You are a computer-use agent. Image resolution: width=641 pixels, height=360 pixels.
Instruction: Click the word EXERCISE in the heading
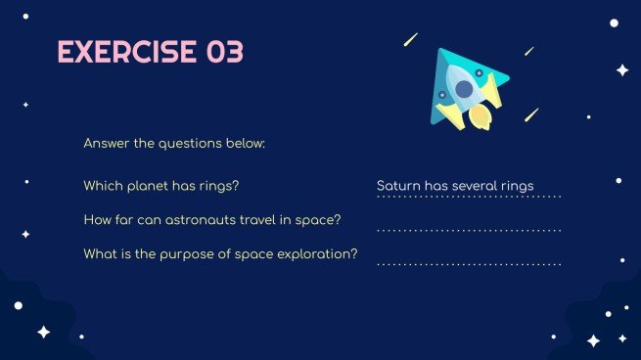point(126,52)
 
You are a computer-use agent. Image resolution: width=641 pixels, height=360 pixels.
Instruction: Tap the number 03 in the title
point(225,52)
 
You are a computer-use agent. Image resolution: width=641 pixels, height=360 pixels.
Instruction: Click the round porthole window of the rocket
point(464,89)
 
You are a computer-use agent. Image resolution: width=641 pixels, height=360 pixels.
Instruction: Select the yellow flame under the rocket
point(480,116)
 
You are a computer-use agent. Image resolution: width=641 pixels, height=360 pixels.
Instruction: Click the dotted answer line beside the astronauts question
point(469,231)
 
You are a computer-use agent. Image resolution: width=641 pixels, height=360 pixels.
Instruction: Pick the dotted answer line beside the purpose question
point(469,264)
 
